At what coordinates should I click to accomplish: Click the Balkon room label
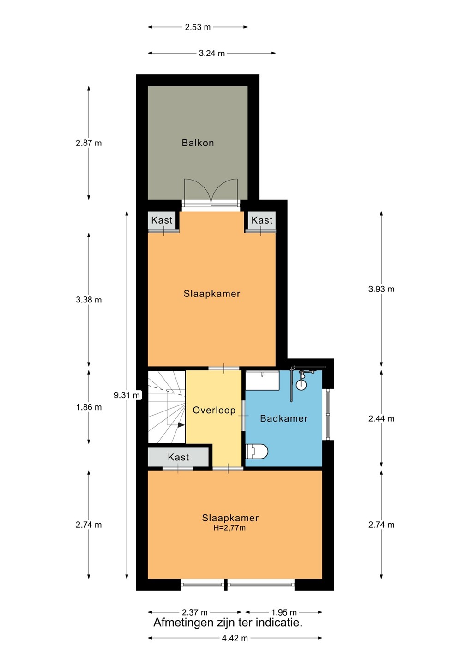click(198, 143)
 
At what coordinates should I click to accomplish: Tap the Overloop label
click(214, 410)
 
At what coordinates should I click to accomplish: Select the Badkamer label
click(283, 418)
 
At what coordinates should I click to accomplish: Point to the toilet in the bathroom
click(257, 451)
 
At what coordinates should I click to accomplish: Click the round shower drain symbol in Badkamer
click(301, 384)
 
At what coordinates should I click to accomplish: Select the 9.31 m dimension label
click(127, 395)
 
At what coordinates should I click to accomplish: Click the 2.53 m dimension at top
click(198, 27)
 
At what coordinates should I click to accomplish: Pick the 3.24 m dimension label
click(211, 53)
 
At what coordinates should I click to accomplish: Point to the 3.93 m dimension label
click(381, 289)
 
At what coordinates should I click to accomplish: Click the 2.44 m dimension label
click(381, 418)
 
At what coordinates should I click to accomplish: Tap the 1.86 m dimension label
click(89, 407)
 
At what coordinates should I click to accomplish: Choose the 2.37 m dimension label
click(195, 612)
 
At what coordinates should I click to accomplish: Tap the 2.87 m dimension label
click(89, 143)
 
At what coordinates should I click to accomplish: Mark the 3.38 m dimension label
click(89, 300)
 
